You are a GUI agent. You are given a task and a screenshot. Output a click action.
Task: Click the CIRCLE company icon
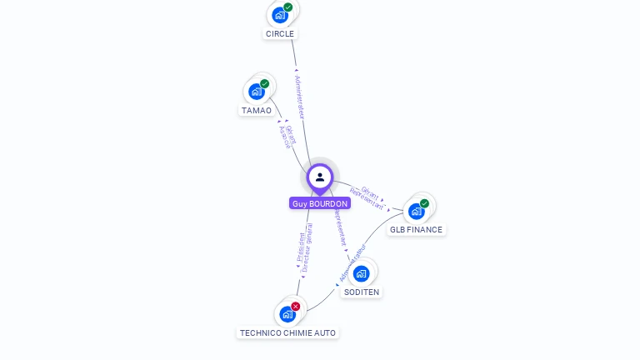click(x=280, y=14)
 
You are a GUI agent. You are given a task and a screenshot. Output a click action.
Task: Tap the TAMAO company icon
click(x=257, y=91)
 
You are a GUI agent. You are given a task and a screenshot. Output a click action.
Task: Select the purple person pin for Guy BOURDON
click(x=320, y=177)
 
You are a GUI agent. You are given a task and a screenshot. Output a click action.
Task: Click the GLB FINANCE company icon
click(x=417, y=211)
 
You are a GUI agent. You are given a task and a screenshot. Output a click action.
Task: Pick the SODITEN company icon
click(x=361, y=273)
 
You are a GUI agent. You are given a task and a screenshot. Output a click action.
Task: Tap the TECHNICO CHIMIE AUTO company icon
click(x=287, y=314)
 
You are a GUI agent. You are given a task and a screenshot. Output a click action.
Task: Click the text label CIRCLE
click(x=280, y=34)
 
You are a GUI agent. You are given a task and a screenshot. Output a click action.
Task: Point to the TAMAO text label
click(x=257, y=111)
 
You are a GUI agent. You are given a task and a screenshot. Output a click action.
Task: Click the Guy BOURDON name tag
click(x=320, y=203)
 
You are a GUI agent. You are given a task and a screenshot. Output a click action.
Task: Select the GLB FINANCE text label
click(x=417, y=230)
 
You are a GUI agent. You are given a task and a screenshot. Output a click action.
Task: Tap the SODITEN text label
click(x=362, y=292)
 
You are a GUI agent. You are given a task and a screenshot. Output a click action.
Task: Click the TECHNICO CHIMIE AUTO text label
click(x=287, y=333)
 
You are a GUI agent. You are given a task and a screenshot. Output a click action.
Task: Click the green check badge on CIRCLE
click(x=288, y=7)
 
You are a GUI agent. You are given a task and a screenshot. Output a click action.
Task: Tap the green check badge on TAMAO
click(x=265, y=83)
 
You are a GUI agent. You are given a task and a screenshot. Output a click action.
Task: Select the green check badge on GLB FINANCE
click(x=425, y=203)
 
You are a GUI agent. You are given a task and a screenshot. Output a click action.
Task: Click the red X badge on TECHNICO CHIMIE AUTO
click(x=296, y=307)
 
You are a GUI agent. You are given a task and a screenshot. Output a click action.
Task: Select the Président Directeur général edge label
click(x=305, y=248)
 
